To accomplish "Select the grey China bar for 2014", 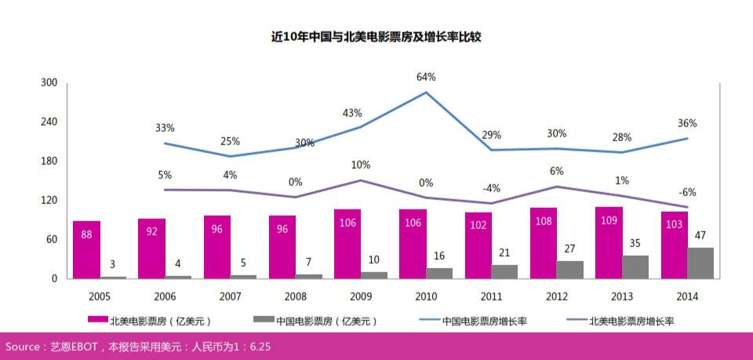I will pyautogui.click(x=700, y=263).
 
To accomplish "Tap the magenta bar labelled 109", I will pyautogui.click(x=609, y=242).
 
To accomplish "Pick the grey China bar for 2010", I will pyautogui.click(x=439, y=273).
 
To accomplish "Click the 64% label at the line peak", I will pyautogui.click(x=426, y=77).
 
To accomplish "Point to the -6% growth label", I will pyautogui.click(x=687, y=192).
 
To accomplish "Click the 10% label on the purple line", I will pyautogui.click(x=361, y=165).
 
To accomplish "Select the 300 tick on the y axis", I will pyautogui.click(x=49, y=83).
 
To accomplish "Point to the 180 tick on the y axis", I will pyautogui.click(x=49, y=162).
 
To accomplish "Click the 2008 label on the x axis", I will pyautogui.click(x=295, y=296).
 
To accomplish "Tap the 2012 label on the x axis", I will pyautogui.click(x=556, y=296).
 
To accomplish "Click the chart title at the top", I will pyautogui.click(x=376, y=37).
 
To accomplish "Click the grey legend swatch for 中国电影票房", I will pyautogui.click(x=264, y=320).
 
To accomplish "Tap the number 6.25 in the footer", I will pyautogui.click(x=260, y=346).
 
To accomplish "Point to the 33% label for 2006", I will pyautogui.click(x=165, y=128).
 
